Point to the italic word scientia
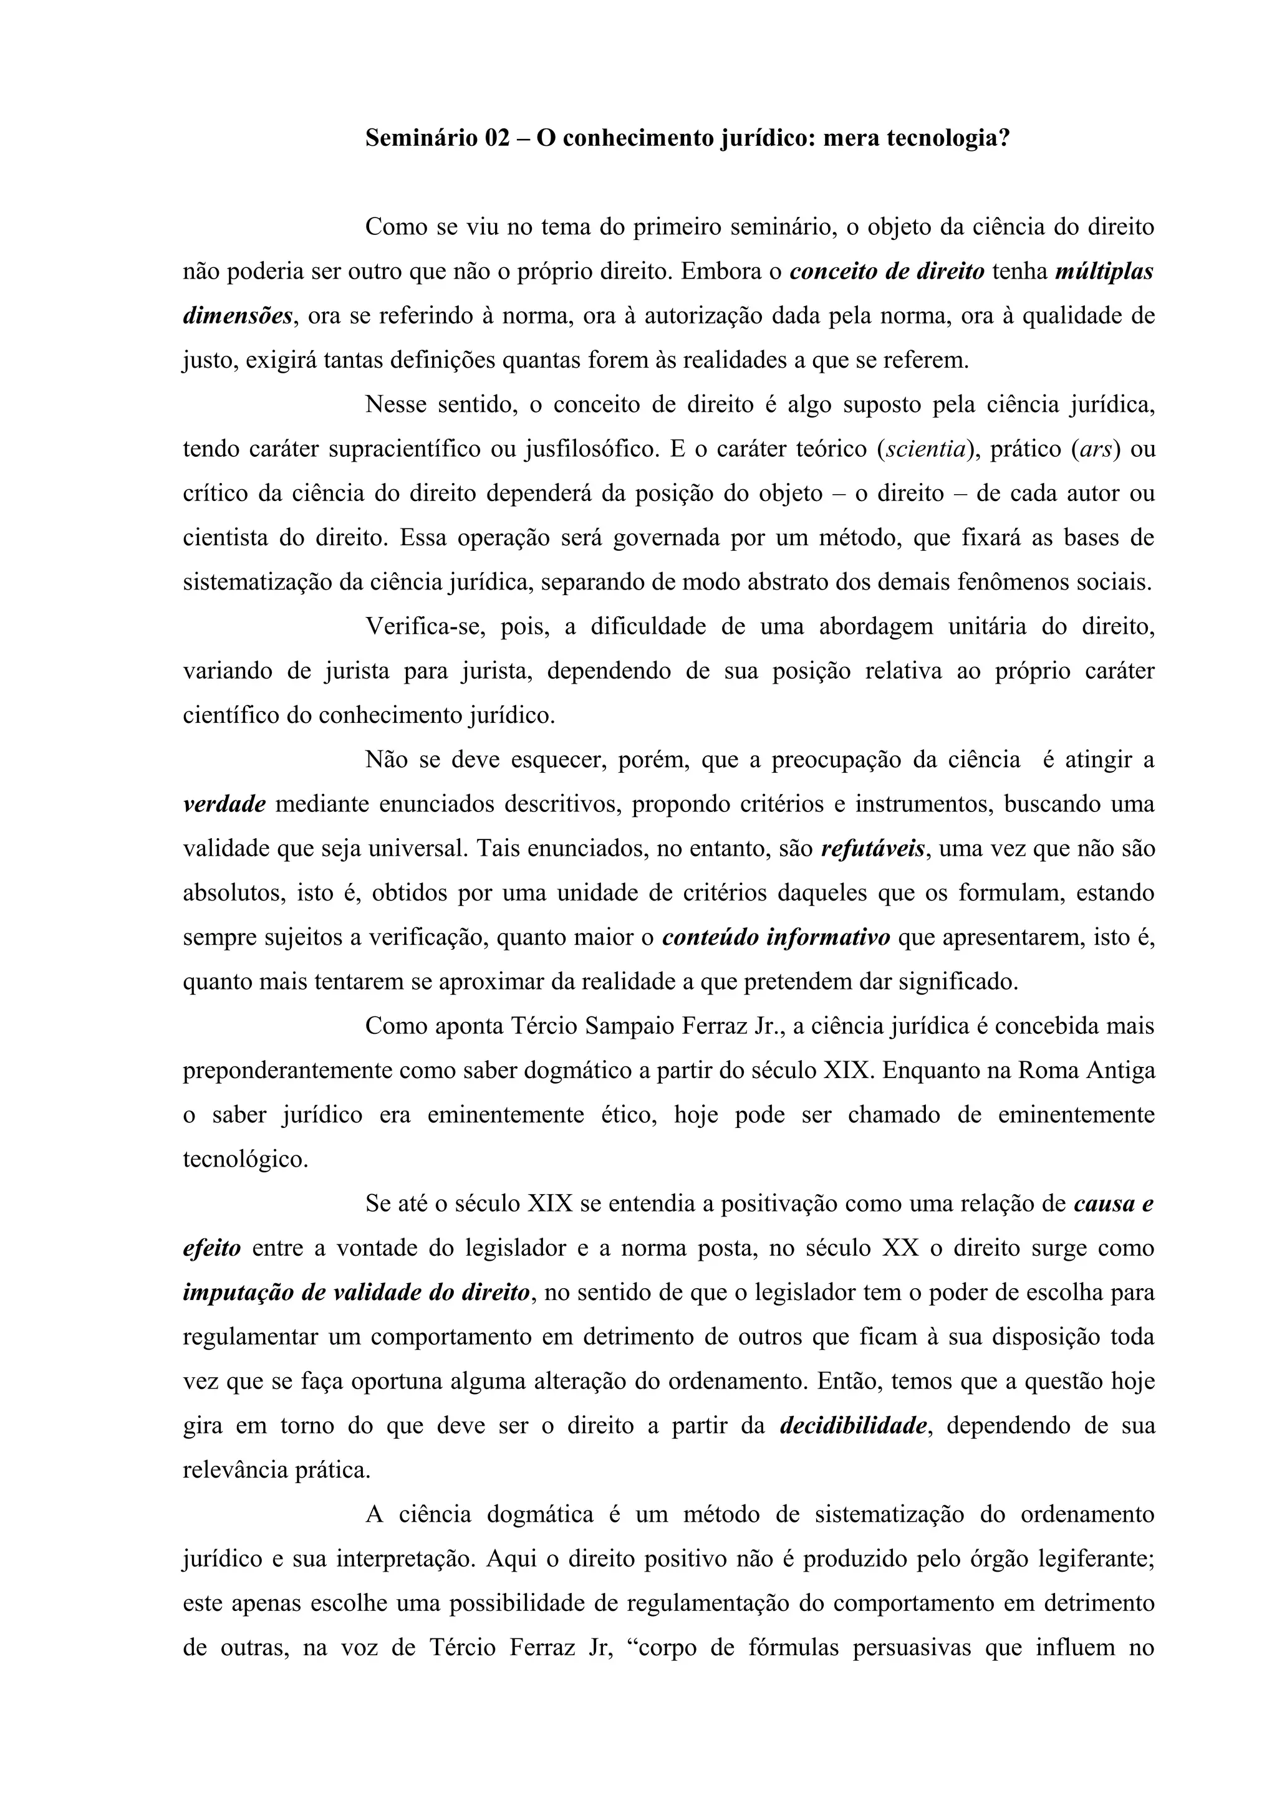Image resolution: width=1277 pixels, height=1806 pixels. point(925,449)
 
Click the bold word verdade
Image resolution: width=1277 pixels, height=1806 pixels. point(224,805)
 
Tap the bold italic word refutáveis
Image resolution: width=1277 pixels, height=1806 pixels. point(872,849)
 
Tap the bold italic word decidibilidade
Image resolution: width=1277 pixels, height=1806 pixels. point(853,1426)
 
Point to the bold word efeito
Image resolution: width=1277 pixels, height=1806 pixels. point(211,1248)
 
